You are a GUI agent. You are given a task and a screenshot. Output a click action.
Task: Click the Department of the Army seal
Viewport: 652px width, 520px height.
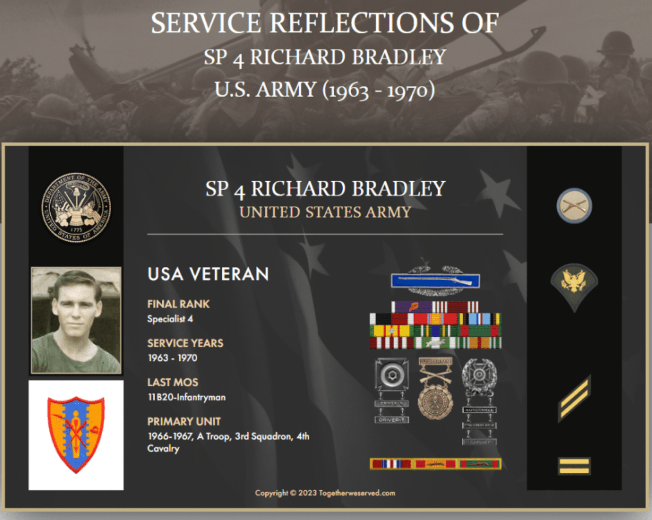76,208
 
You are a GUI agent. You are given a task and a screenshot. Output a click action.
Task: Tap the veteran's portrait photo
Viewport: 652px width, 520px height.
76,321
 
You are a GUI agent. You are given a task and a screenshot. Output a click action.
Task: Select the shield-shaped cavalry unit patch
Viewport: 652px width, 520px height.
76,434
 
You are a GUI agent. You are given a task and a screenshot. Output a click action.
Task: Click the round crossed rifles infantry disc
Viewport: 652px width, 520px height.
574,206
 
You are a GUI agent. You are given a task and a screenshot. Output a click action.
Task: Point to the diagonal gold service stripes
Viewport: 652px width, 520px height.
574,398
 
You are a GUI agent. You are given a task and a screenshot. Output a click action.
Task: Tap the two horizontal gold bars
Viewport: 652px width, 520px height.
574,466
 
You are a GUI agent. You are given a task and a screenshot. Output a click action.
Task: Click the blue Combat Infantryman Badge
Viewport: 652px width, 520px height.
435,281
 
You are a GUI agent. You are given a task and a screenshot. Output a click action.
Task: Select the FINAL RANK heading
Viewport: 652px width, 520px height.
178,304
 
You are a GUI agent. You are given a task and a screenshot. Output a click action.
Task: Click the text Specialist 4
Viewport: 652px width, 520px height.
170,319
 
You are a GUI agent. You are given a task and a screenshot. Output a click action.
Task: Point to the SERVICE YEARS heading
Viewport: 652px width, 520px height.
185,343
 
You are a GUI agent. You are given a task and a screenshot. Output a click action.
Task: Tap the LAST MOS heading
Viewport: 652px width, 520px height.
172,382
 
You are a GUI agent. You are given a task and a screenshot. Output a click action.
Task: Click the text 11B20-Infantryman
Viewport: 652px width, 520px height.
186,397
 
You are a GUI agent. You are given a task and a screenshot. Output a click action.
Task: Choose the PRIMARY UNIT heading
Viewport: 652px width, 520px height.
184,421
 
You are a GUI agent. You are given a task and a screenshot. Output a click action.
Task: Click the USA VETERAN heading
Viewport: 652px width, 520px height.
208,274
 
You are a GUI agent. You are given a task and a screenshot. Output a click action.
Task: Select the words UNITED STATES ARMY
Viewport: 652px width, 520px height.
325,212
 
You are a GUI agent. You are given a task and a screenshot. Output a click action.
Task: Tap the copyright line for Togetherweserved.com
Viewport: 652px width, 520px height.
325,493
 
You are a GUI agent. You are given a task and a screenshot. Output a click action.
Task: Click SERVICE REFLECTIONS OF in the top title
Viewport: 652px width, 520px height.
325,23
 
